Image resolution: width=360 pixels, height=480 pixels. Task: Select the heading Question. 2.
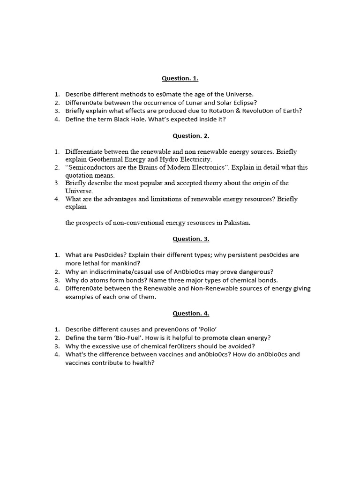pos(191,136)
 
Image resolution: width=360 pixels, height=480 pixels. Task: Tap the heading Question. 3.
pos(191,239)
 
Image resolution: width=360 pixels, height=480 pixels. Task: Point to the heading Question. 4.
pos(191,314)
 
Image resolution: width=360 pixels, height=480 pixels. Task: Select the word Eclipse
pos(255,103)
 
